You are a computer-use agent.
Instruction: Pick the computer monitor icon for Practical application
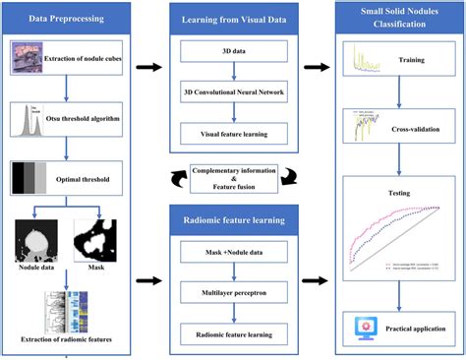364,328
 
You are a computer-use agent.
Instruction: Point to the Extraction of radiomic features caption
66,341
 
